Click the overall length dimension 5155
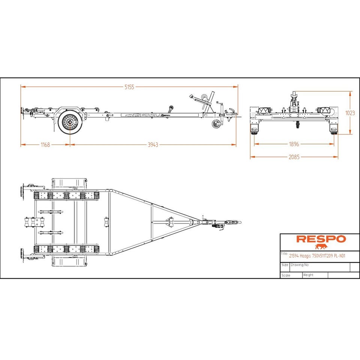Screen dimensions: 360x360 point(129,87)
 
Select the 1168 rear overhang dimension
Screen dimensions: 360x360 point(45,145)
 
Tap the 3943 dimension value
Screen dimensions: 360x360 point(153,145)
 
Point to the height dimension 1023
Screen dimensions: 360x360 point(350,113)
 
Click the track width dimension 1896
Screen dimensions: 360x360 point(294,144)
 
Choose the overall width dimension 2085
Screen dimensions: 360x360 point(294,157)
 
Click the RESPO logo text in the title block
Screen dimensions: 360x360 point(321,239)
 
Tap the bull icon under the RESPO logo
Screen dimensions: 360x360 point(321,247)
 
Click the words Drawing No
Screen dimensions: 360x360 point(300,265)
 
